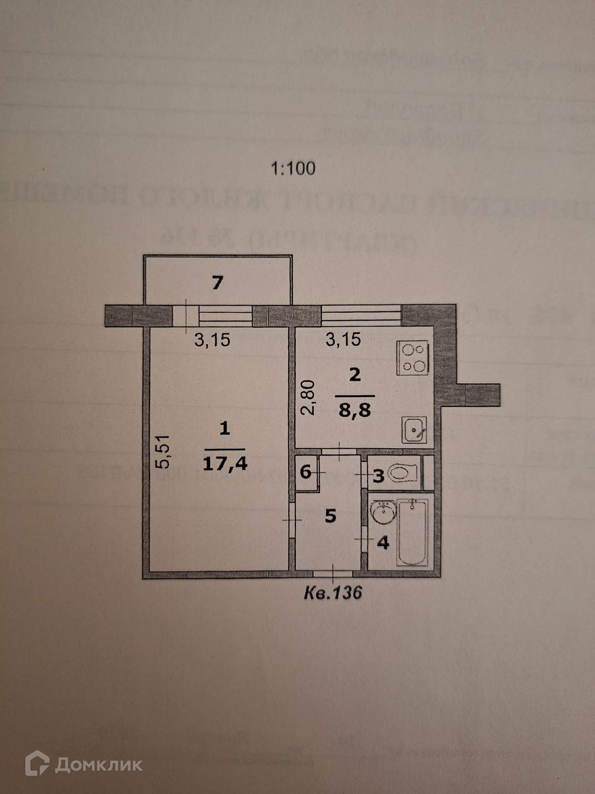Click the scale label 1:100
coord(293,168)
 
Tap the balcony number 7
coord(217,283)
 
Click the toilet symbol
coord(403,472)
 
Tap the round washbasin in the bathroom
coord(383,514)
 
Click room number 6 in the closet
coord(305,472)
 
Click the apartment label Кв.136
coord(332,592)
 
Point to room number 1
coord(224,429)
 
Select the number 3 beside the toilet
coord(378,476)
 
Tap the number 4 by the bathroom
coord(383,543)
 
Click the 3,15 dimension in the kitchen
coord(342,340)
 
